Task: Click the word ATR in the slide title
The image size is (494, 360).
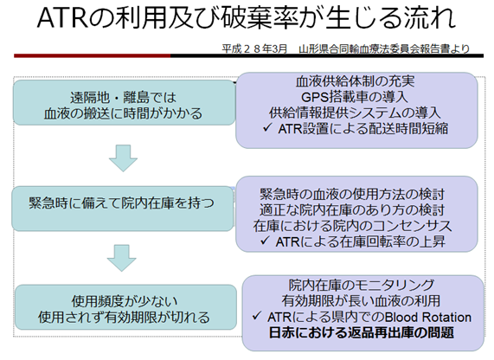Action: pyautogui.click(x=62, y=18)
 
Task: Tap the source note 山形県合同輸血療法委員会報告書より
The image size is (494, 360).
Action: pyautogui.click(x=384, y=48)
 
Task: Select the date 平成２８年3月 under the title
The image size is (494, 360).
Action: pyautogui.click(x=254, y=48)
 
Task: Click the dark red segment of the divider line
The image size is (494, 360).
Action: pyautogui.click(x=92, y=55)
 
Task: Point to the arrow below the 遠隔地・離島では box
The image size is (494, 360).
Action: pyautogui.click(x=123, y=158)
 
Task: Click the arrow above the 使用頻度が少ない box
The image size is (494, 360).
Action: pyautogui.click(x=122, y=258)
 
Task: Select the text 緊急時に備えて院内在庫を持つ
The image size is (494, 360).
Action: pyautogui.click(x=121, y=203)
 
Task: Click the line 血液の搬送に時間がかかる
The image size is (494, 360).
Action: pyautogui.click(x=123, y=113)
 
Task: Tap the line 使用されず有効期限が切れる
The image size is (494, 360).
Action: pyautogui.click(x=124, y=317)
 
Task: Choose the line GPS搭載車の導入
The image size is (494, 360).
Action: pyautogui.click(x=355, y=97)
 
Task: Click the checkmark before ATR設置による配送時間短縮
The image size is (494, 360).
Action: pyautogui.click(x=267, y=127)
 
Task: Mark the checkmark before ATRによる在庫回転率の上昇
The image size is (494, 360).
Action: pyautogui.click(x=265, y=241)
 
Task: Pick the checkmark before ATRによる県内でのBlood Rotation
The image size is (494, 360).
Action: pyautogui.click(x=257, y=316)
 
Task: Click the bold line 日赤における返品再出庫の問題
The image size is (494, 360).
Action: pyautogui.click(x=362, y=332)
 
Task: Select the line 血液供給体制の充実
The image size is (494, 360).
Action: pyautogui.click(x=355, y=81)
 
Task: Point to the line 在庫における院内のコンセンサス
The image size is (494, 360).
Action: pyautogui.click(x=352, y=226)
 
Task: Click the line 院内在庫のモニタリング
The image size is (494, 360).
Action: pyautogui.click(x=362, y=285)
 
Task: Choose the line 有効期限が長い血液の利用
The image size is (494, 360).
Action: pyautogui.click(x=361, y=301)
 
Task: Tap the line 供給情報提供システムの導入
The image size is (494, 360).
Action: pyautogui.click(x=355, y=112)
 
